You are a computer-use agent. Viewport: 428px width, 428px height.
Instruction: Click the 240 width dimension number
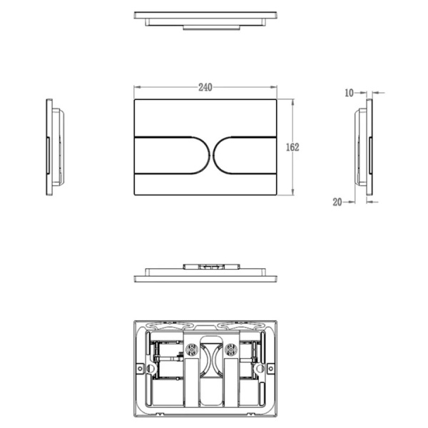pos(205,87)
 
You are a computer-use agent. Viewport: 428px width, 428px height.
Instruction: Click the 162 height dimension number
pos(292,148)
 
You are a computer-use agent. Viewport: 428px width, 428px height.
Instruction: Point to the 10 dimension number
pos(349,93)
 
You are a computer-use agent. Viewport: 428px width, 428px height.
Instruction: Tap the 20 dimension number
pos(337,202)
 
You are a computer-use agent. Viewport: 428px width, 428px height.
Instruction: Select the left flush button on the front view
pos(172,155)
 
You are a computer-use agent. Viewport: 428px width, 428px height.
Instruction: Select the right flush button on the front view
pos(245,155)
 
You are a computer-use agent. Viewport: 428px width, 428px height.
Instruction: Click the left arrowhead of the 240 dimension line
pos(137,87)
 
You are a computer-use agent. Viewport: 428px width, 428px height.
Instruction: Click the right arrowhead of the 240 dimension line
pos(273,87)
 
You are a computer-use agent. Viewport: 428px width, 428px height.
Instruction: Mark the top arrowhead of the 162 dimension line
pos(293,102)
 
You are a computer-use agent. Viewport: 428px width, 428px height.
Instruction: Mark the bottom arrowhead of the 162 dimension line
pos(293,192)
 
